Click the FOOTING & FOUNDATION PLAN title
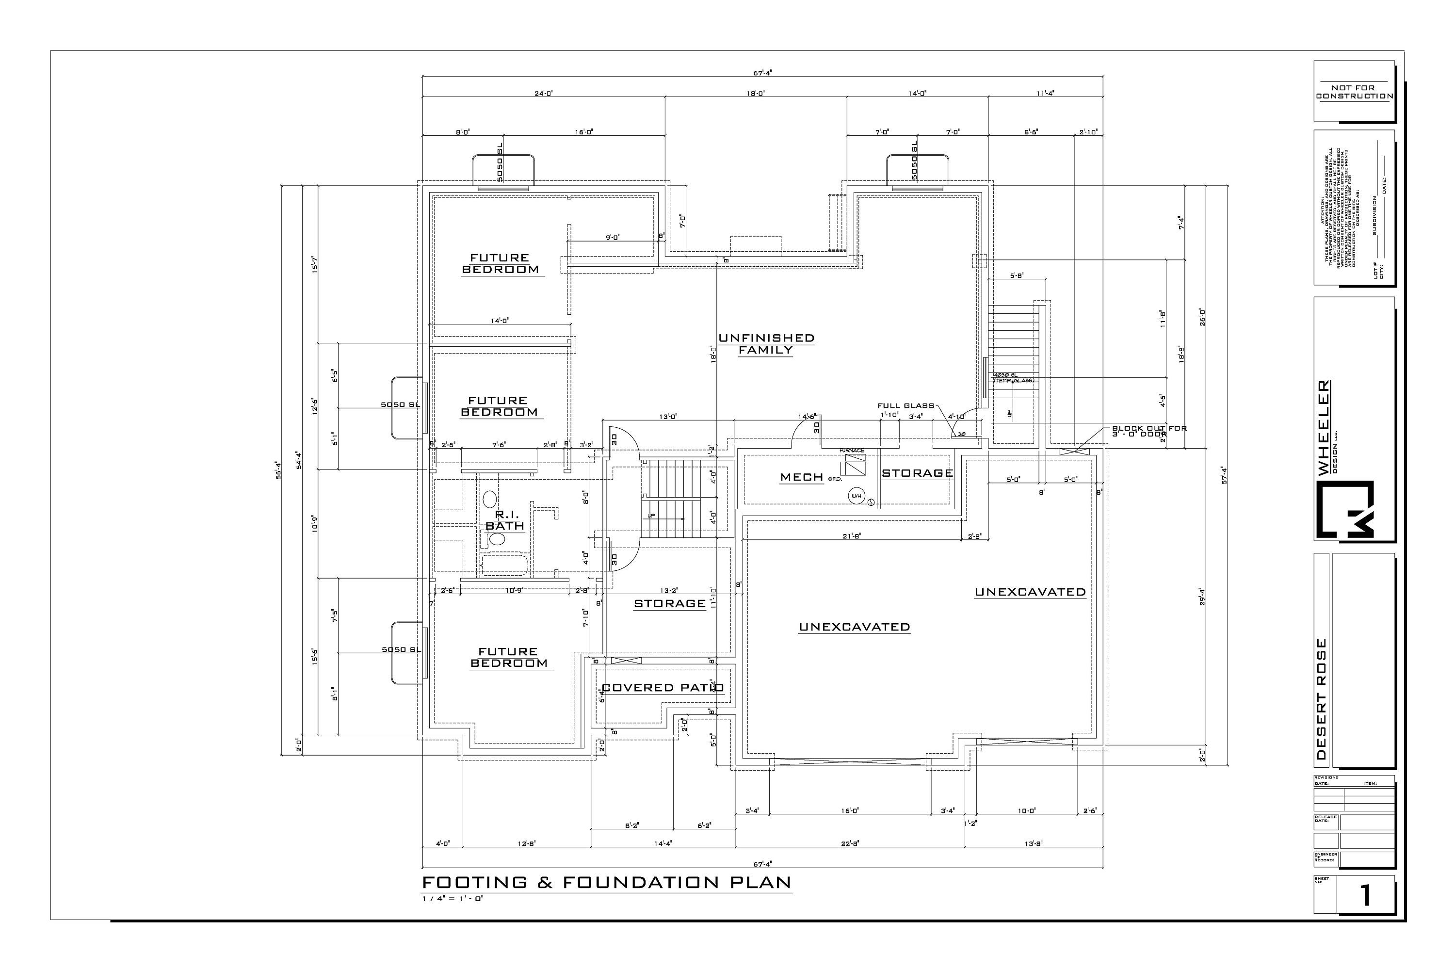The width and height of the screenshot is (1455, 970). click(x=606, y=882)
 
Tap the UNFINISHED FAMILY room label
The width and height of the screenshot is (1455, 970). click(x=766, y=344)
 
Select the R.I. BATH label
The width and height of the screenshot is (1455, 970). click(x=505, y=520)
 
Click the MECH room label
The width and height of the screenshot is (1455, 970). click(x=802, y=477)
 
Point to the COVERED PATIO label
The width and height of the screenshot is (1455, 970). click(x=663, y=687)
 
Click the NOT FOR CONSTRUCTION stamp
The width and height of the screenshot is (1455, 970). click(x=1354, y=92)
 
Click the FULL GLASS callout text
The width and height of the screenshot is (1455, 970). click(x=905, y=406)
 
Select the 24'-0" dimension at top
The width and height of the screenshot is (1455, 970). click(x=544, y=94)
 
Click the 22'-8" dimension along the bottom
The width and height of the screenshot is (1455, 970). click(x=850, y=842)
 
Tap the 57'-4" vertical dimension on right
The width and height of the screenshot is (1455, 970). click(x=1224, y=475)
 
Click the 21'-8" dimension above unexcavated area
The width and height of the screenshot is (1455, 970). click(x=852, y=536)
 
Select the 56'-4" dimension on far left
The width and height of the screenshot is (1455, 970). click(x=278, y=470)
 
